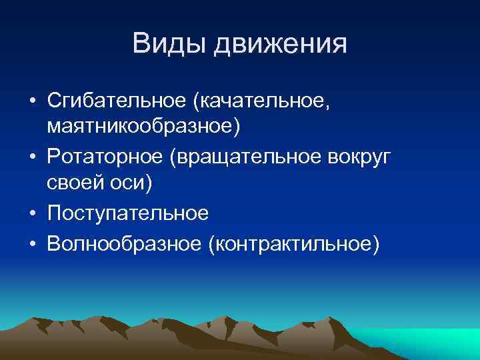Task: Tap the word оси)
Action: click(131, 182)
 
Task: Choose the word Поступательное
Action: click(128, 213)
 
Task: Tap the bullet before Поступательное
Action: click(33, 213)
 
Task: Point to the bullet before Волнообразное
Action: click(33, 244)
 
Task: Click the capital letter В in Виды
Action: click(141, 44)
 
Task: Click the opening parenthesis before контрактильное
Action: click(212, 244)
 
